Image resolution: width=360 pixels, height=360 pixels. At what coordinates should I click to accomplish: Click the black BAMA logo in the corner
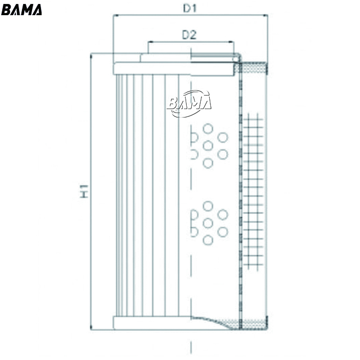pyautogui.click(x=21, y=10)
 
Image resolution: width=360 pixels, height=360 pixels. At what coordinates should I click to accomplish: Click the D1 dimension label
pyautogui.click(x=190, y=8)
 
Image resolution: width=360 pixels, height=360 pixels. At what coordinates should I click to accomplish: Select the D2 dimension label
pyautogui.click(x=190, y=35)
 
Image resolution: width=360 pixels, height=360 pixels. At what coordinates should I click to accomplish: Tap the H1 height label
pyautogui.click(x=84, y=191)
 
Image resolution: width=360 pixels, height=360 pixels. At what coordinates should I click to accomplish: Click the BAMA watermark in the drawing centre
pyautogui.click(x=189, y=103)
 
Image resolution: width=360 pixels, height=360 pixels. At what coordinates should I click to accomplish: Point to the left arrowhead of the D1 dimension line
pyautogui.click(x=116, y=15)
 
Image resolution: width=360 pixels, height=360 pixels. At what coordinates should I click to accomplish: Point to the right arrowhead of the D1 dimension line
pyautogui.click(x=265, y=15)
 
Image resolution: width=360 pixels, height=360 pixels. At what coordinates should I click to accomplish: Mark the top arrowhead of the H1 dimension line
pyautogui.click(x=91, y=56)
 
